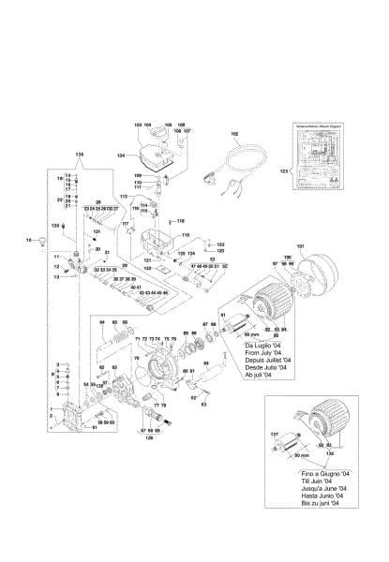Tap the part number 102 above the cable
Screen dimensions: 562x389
click(x=234, y=135)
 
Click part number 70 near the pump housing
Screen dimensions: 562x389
click(x=136, y=359)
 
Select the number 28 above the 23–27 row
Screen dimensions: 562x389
click(x=98, y=200)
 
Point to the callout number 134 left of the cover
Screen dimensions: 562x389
click(x=121, y=155)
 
